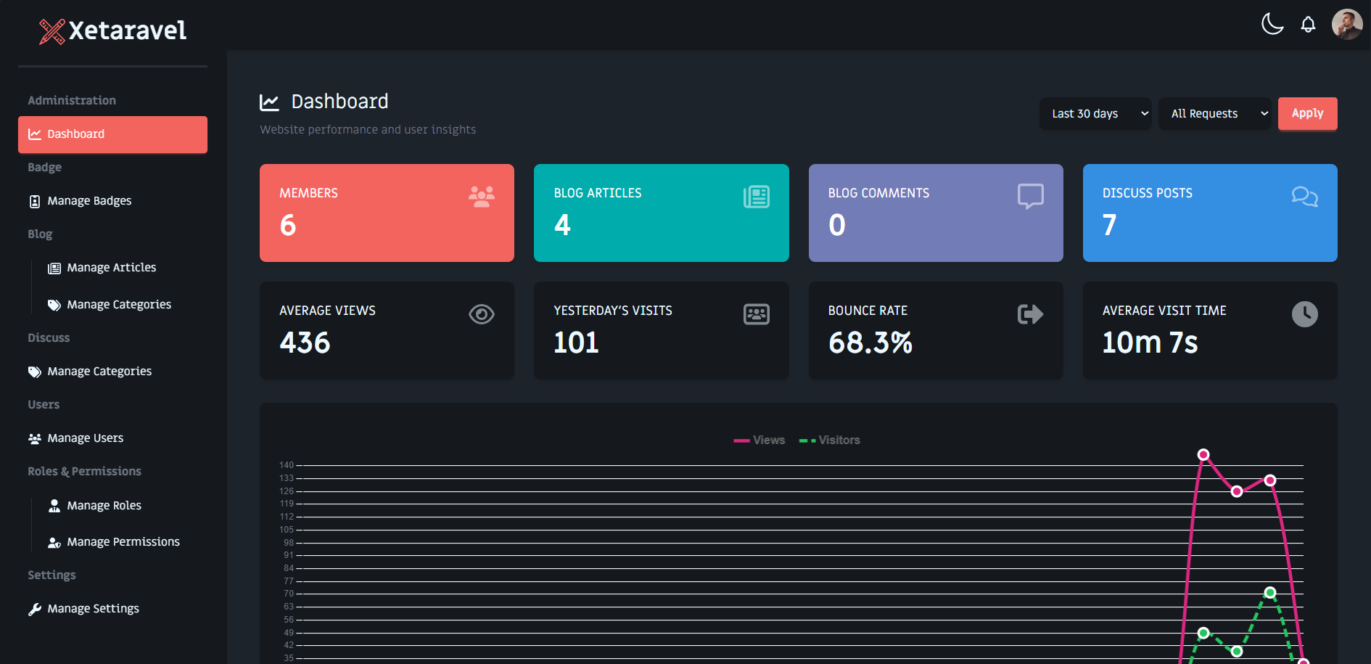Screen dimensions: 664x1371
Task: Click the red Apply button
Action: coord(1307,114)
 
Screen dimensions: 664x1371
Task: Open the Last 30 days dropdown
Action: coord(1095,114)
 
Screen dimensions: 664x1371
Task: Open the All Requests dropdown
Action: coord(1214,114)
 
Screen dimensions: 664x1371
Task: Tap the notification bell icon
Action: coord(1308,25)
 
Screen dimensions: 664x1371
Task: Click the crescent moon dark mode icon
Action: coord(1272,24)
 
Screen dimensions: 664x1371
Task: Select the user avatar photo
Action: coord(1347,25)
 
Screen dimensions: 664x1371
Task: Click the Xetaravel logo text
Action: coord(127,30)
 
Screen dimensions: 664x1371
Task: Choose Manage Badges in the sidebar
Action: coord(89,201)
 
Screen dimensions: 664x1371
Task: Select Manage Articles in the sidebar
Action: coord(111,268)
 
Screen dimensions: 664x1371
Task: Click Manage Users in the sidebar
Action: coord(85,438)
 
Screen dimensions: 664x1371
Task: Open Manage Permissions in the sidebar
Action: coord(123,542)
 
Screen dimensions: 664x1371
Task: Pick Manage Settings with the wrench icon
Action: coord(93,609)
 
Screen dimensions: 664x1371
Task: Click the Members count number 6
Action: coord(288,226)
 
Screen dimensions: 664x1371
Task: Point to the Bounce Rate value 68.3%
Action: coord(870,343)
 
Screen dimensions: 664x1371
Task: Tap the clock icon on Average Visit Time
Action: coord(1304,314)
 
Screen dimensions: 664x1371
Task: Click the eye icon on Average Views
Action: coord(481,314)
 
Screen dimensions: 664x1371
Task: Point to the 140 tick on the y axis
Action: coord(287,465)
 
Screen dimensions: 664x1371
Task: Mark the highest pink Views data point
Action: coord(1203,455)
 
